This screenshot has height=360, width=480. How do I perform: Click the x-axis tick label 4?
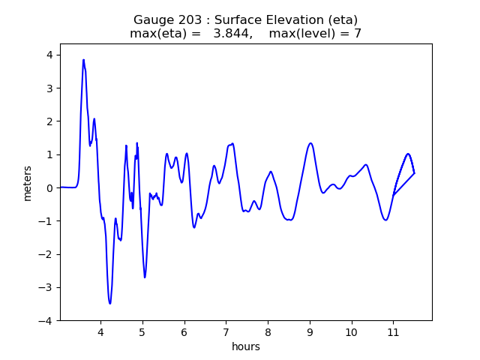pyautogui.click(x=100, y=331)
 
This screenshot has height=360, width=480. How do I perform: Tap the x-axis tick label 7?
pyautogui.click(x=226, y=331)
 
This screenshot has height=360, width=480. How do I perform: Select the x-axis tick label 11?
pyautogui.click(x=392, y=331)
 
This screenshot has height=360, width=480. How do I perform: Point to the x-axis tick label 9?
pyautogui.click(x=309, y=331)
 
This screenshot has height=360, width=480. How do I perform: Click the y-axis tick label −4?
pyautogui.click(x=46, y=320)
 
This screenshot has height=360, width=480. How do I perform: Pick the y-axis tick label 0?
pyautogui.click(x=49, y=187)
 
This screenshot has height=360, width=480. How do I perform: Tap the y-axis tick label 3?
pyautogui.click(x=49, y=88)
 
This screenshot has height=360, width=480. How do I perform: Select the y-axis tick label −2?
pyautogui.click(x=46, y=254)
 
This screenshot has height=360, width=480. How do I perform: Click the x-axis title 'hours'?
pyautogui.click(x=246, y=346)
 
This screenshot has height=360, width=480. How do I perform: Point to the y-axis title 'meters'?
pyautogui.click(x=28, y=182)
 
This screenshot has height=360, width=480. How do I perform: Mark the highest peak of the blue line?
pyautogui.click(x=83, y=60)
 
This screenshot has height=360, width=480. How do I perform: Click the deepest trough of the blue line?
pyautogui.click(x=109, y=304)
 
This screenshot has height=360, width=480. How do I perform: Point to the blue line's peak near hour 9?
pyautogui.click(x=310, y=143)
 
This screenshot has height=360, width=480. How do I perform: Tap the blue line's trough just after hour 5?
pyautogui.click(x=145, y=277)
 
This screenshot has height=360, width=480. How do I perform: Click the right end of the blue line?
pyautogui.click(x=414, y=173)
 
